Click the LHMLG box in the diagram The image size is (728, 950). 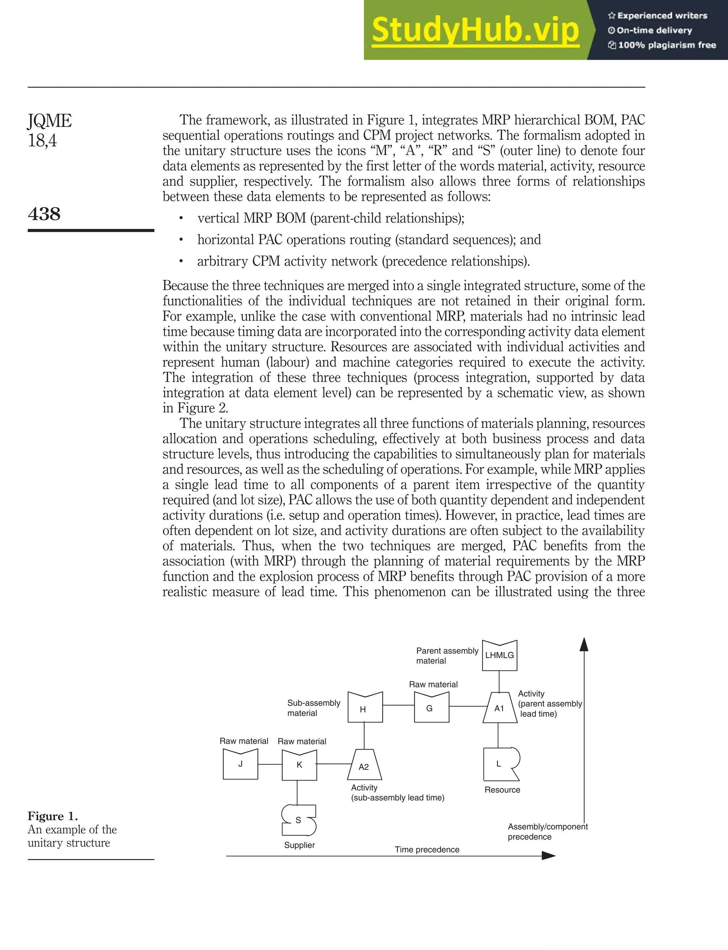coord(500,656)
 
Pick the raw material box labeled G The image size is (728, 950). coord(431,708)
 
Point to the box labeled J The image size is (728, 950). coord(241,764)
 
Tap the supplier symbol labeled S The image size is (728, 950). coord(299,820)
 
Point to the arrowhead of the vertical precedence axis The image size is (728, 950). coord(584,645)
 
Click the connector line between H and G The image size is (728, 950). coord(398,705)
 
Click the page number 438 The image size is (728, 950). coord(44,214)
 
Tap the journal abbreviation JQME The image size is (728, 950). coord(49,121)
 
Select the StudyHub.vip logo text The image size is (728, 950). coord(475,30)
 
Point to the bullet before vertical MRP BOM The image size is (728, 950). coord(181,218)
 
